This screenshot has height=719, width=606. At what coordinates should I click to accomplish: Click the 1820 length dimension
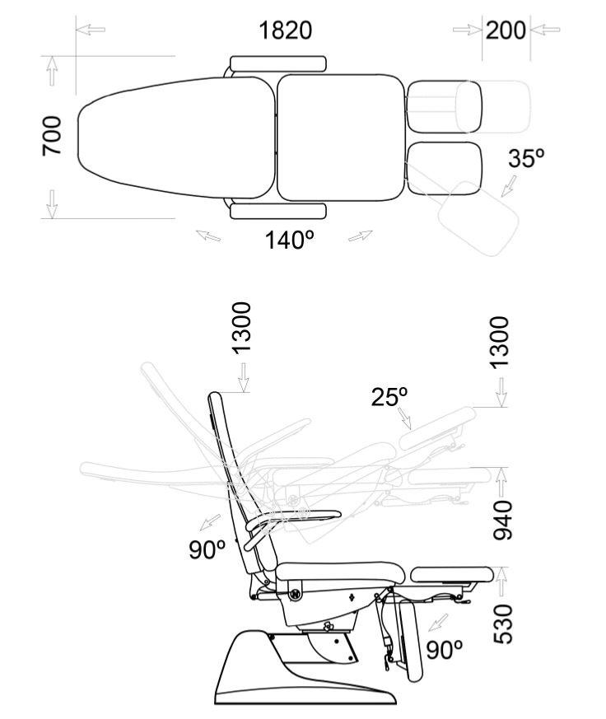point(285,30)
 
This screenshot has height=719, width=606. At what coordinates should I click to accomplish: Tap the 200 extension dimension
point(506,30)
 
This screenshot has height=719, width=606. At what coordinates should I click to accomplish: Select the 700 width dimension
point(52,136)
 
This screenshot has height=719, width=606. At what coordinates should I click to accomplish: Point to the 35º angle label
point(526,158)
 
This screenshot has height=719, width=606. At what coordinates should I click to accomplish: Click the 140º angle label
point(290,240)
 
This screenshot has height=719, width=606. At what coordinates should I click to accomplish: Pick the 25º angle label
point(389,397)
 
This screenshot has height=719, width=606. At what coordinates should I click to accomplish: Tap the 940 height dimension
point(502,520)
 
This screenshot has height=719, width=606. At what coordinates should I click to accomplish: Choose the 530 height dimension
point(502,623)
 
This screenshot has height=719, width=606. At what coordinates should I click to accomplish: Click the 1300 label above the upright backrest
point(242,328)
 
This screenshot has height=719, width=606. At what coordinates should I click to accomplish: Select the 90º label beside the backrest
point(207,549)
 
